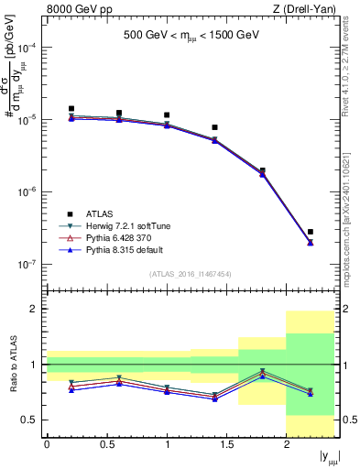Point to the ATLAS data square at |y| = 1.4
(214, 127)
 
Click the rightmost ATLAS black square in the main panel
(311, 232)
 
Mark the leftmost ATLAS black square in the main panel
(71, 109)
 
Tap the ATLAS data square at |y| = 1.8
(263, 170)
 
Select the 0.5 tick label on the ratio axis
(31, 420)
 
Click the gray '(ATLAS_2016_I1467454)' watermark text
(191, 274)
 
